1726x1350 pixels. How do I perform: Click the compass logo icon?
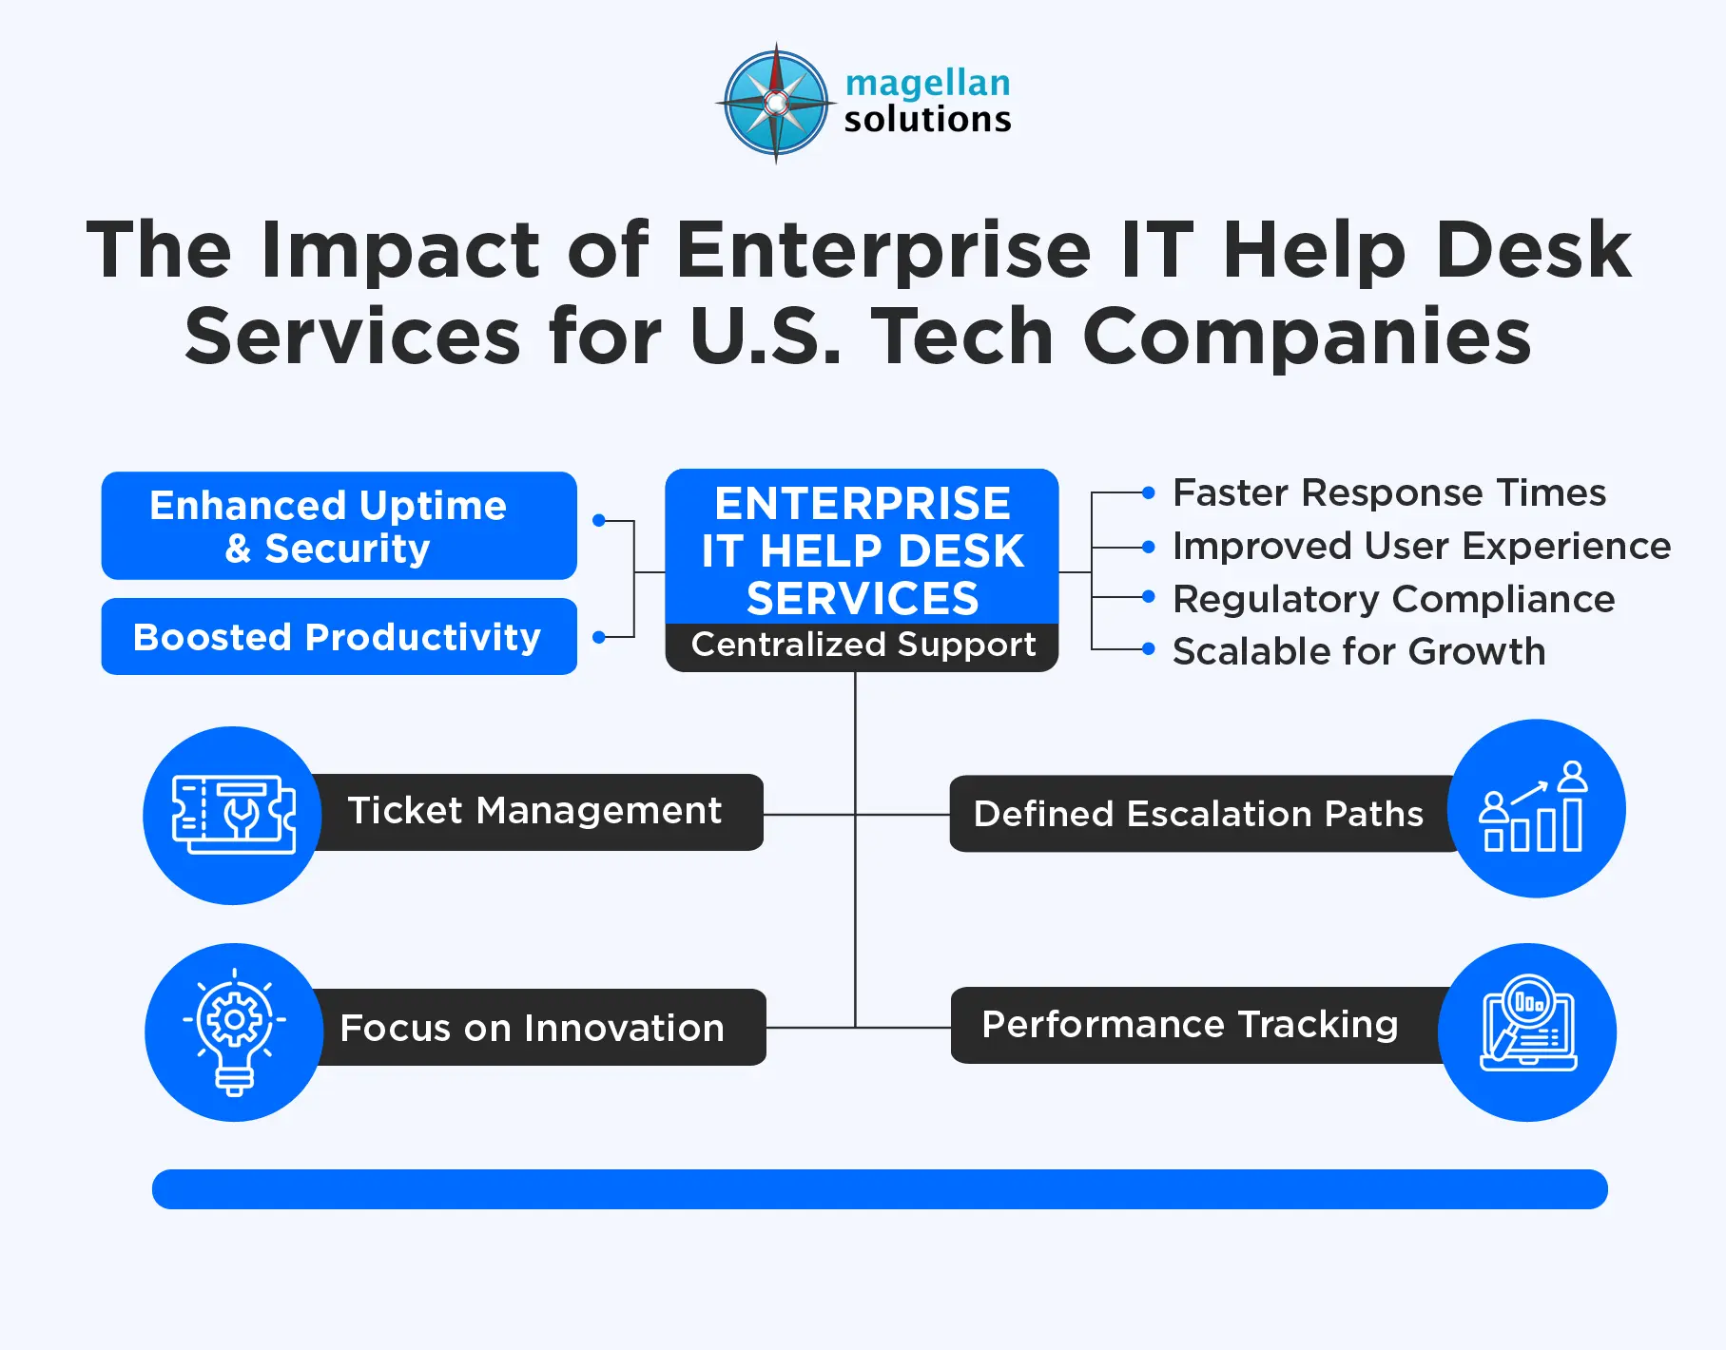click(776, 103)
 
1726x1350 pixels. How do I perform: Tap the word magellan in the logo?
click(927, 83)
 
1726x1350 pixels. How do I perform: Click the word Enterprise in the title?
click(883, 250)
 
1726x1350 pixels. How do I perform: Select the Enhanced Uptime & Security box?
click(339, 526)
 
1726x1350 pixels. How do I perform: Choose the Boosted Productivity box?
click(339, 636)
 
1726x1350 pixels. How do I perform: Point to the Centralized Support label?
click(863, 646)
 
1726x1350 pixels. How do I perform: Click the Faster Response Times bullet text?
click(1388, 493)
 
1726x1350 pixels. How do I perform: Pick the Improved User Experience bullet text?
click(1421, 547)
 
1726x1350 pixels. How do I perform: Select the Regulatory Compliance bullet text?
click(1393, 600)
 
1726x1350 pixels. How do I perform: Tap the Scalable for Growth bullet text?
click(1358, 652)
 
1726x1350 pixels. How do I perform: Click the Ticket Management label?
click(534, 811)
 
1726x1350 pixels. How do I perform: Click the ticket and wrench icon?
click(234, 815)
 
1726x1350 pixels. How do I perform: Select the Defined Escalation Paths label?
click(1198, 814)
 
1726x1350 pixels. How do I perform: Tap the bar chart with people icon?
click(1535, 808)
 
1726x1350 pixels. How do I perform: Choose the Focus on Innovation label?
click(533, 1028)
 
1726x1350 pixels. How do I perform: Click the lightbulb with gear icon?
click(234, 1032)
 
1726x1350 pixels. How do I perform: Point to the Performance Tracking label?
click(1190, 1025)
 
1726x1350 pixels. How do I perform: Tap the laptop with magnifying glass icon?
click(1527, 1032)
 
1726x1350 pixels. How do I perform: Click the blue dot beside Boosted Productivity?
click(599, 637)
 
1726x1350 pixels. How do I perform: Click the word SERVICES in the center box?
click(863, 599)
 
